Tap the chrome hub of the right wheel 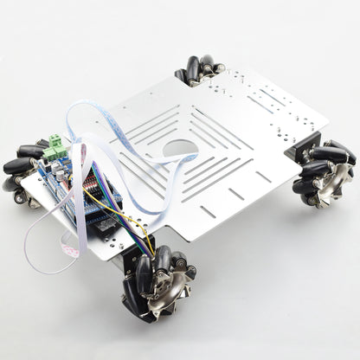coord(334,183)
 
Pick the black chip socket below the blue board coord(104,226)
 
